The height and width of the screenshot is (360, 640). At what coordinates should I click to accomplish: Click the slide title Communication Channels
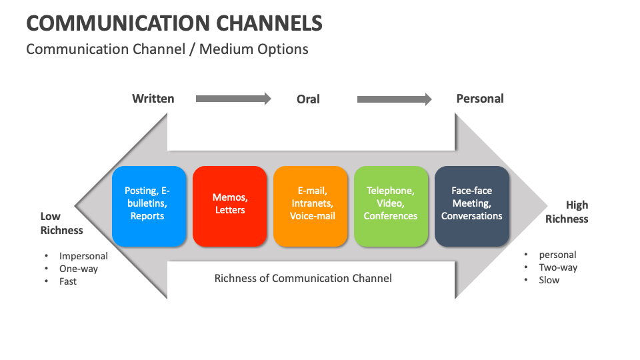(174, 23)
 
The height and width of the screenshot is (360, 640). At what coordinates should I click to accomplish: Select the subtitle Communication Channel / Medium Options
(167, 49)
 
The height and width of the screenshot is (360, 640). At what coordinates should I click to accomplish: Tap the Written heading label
(153, 99)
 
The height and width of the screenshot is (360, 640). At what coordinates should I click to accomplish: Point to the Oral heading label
(308, 99)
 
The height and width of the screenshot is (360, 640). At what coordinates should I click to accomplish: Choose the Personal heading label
(479, 99)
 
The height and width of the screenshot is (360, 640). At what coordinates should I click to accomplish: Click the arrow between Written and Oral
(233, 99)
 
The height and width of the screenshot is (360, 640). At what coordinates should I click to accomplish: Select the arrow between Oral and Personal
(394, 99)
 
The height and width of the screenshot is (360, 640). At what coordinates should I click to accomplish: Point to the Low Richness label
(61, 223)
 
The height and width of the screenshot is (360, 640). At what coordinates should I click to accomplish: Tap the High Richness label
(567, 212)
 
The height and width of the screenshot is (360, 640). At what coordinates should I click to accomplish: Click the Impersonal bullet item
(83, 256)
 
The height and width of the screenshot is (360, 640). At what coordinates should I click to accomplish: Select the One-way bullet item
(78, 269)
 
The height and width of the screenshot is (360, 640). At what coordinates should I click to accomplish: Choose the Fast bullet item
(68, 281)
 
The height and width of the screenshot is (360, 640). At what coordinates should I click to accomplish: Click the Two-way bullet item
(558, 267)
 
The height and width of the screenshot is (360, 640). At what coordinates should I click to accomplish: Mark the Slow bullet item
(549, 280)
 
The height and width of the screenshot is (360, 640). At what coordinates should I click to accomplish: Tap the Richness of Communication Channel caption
(303, 278)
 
